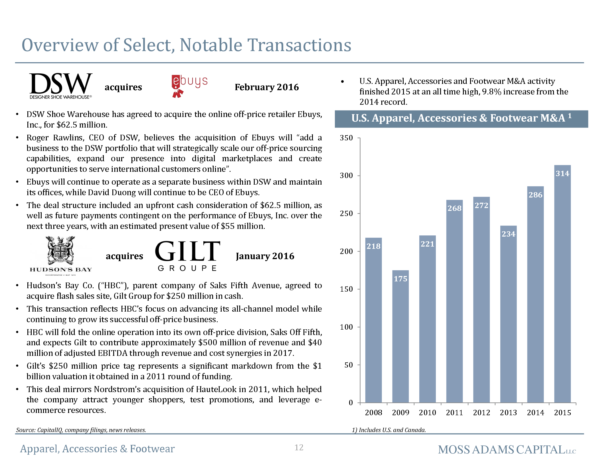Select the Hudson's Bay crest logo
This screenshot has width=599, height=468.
coord(61,256)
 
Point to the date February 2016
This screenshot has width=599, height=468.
coord(267,87)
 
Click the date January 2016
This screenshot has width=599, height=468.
coord(265,256)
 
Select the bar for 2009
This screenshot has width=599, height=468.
coord(400,336)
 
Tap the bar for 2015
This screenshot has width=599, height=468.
coord(562,284)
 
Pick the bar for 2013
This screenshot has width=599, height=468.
coord(508,314)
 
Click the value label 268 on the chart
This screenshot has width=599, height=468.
coord(454,208)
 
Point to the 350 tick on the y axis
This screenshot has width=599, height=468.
coord(346,138)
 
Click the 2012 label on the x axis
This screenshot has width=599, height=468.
coord(481,413)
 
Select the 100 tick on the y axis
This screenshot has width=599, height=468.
coord(346,327)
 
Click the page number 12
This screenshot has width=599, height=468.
coord(299,447)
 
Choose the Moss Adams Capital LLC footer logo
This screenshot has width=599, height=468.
coord(507,450)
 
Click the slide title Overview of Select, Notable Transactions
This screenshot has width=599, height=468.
coord(187,45)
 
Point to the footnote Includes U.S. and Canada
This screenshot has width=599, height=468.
coord(389,430)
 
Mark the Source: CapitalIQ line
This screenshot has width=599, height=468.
coord(81,430)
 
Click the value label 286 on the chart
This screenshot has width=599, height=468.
coord(535,195)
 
